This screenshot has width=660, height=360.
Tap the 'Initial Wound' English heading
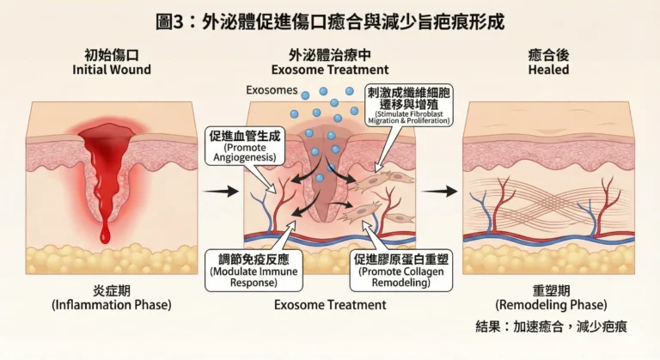tap(112, 70)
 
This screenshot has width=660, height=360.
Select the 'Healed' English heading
tap(548, 70)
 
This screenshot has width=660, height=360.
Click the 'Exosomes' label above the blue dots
tap(271, 89)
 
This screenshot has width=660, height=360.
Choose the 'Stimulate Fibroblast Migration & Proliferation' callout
tap(412, 105)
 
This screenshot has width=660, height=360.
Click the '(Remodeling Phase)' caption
tap(548, 304)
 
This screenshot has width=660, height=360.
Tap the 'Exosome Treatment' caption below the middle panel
tap(330, 304)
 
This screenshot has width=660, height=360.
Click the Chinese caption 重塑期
tap(548, 290)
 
